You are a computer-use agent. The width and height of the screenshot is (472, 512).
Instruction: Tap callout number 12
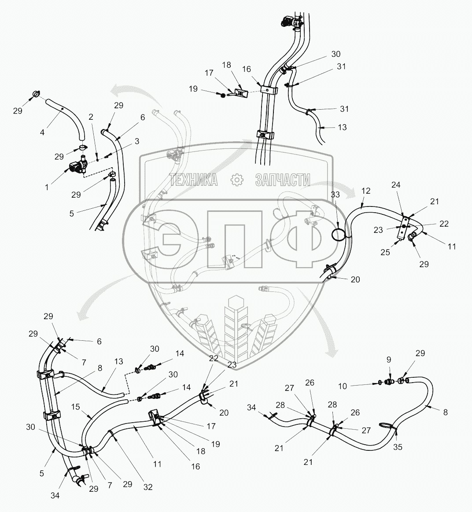point(366,192)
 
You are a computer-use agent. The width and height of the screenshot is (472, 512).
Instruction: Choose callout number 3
point(137,141)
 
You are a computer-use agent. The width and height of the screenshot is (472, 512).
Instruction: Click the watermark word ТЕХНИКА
point(194,179)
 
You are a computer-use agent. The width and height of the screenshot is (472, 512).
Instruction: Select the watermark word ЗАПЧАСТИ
point(283,179)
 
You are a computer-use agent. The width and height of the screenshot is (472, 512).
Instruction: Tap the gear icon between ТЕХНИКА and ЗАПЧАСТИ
point(237,179)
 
